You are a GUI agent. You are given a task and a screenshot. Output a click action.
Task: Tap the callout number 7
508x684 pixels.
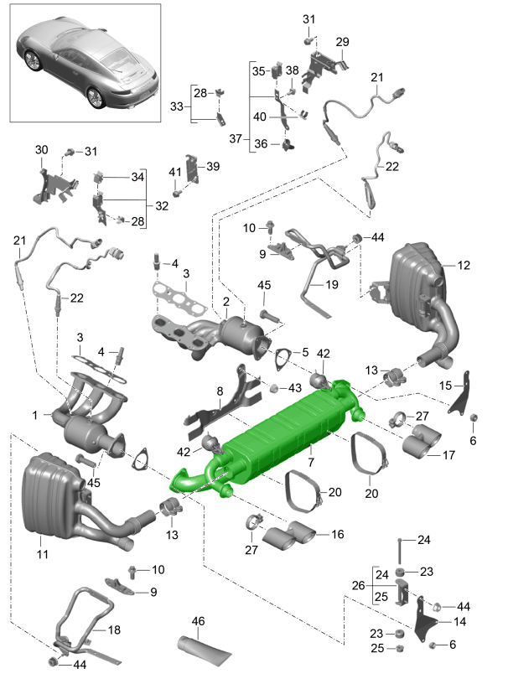[x=310, y=462]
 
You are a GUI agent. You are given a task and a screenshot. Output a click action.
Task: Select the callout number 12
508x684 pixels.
[x=464, y=266]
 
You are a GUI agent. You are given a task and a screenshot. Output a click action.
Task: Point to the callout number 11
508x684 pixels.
[x=44, y=554]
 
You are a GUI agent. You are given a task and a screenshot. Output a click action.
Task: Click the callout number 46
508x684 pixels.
[x=198, y=621]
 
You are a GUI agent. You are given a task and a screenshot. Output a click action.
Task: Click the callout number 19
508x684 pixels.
[x=332, y=285]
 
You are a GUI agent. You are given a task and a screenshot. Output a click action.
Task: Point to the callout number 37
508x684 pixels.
[x=236, y=137]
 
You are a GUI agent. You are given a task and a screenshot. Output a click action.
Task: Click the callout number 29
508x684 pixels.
[x=342, y=42]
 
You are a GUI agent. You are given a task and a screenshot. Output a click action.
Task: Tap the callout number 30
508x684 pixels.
[x=42, y=150]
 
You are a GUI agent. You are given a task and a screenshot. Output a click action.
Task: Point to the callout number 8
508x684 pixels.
[x=220, y=391]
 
